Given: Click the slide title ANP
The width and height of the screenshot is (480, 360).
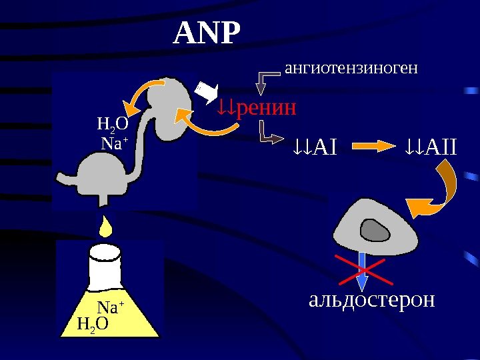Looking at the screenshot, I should click(206, 34).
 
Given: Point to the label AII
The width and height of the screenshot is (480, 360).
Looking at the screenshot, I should click(439, 146).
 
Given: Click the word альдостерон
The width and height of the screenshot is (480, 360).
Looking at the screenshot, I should click(371, 300).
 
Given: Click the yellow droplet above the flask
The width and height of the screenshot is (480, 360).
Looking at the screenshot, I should click(106, 226).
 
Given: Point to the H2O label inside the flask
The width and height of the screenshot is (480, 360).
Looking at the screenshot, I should click(93, 325).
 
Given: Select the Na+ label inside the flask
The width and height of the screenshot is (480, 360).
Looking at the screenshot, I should click(111, 308).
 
